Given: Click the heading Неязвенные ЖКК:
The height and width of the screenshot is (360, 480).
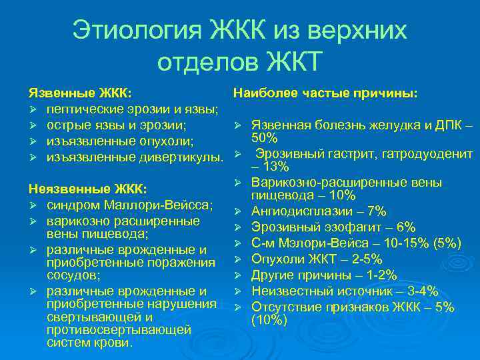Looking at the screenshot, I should tap(87, 189).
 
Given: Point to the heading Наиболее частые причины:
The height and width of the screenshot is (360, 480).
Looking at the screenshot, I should tap(325, 94).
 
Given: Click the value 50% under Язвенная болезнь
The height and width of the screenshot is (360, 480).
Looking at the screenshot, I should tap(265, 137).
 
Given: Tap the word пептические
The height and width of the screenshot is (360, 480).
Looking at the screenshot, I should tap(83, 109).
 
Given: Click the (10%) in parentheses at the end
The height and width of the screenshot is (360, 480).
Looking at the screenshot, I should tap(269, 321).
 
